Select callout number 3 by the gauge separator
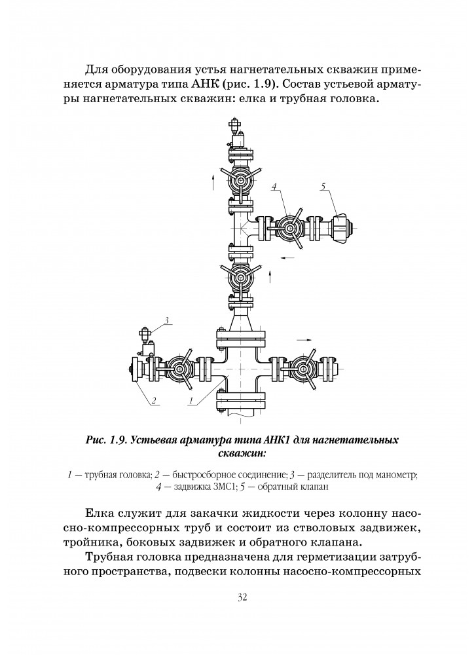(x=167, y=320)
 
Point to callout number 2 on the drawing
(x=153, y=400)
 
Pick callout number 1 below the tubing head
(x=190, y=400)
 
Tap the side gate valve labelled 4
(x=289, y=229)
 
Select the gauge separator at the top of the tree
(x=234, y=134)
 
